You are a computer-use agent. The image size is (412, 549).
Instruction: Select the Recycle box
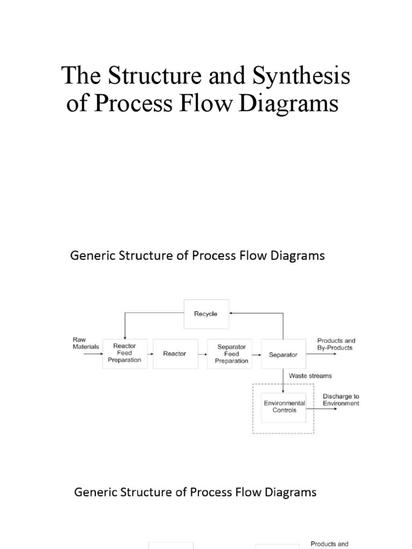coord(205,314)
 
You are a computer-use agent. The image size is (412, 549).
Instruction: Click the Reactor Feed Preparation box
coord(124,353)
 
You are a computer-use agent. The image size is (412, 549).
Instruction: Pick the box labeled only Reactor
coord(174,353)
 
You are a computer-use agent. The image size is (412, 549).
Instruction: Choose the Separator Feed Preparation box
coord(231,354)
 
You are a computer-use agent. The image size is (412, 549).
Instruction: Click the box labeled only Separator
coord(283,354)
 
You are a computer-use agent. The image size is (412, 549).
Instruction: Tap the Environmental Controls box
coord(284,406)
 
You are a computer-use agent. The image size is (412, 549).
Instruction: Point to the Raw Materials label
coord(86,344)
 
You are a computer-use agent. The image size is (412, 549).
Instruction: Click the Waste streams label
coord(310,376)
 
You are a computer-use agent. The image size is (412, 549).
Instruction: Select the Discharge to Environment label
coord(341,400)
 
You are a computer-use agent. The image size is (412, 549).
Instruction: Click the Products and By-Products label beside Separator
coord(336,344)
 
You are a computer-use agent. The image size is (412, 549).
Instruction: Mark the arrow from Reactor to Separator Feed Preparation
coord(202,354)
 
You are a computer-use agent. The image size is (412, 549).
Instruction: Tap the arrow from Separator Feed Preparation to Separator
coord(257,354)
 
